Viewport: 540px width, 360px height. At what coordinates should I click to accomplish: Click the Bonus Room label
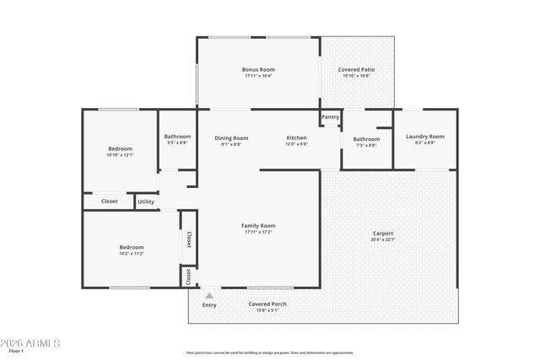coord(258,69)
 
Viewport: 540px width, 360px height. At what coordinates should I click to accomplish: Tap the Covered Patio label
coord(356,69)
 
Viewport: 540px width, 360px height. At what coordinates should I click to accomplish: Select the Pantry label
coord(330,117)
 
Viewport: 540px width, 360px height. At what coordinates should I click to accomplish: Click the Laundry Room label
coord(424,137)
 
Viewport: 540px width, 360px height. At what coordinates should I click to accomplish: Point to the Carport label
coord(383,234)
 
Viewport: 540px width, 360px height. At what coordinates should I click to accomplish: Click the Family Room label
coord(258,225)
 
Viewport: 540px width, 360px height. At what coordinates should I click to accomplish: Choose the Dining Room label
coord(231,137)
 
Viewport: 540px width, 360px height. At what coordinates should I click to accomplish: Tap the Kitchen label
coord(296,137)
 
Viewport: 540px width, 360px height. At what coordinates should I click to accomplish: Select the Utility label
coord(146,201)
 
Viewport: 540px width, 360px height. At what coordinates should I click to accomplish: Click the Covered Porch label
coord(263,304)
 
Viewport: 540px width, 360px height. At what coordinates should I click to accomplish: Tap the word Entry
coord(209,304)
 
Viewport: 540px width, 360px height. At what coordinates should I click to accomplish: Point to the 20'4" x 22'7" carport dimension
coord(383,239)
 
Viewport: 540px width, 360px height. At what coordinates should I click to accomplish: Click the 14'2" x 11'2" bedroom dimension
coord(131,253)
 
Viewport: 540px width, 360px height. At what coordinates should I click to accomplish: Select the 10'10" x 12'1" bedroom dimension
coord(120,155)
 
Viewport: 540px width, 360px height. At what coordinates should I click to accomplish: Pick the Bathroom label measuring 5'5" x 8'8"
coord(177,137)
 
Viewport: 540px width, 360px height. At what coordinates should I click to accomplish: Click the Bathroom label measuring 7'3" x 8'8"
coord(366,139)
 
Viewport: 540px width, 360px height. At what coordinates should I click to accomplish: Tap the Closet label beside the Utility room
coord(109,201)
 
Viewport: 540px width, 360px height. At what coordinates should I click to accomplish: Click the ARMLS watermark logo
coord(30,343)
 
